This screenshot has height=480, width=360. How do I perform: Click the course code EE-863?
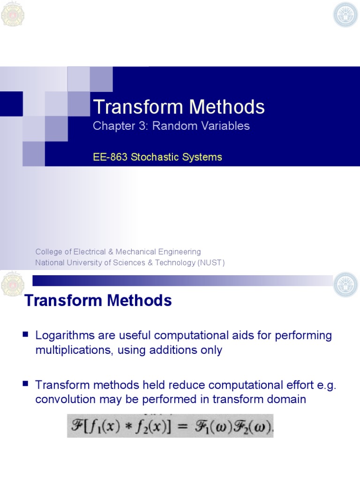click(111, 157)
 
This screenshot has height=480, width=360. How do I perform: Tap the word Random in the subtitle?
click(173, 126)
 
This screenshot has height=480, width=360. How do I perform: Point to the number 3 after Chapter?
click(136, 126)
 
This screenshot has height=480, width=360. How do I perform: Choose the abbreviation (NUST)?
click(211, 262)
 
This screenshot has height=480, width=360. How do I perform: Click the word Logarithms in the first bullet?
click(65, 336)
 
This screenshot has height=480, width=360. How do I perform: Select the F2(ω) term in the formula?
click(251, 426)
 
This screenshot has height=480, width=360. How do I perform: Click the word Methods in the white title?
click(227, 107)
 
